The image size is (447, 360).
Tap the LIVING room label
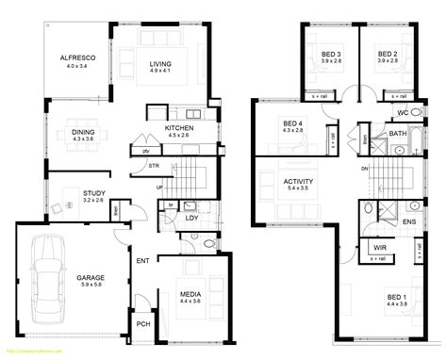click(158, 65)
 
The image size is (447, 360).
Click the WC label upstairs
click(402, 114)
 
